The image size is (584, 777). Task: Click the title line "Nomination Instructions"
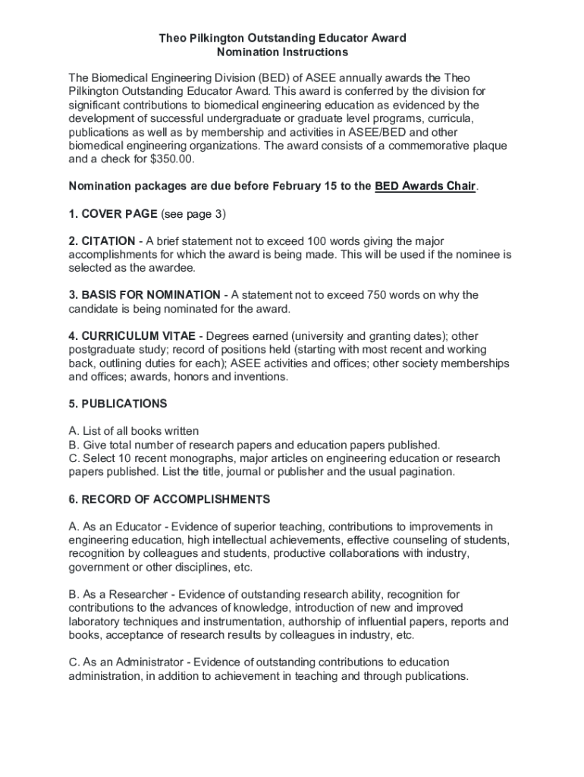[282, 52]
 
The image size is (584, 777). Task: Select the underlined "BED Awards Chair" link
[425, 187]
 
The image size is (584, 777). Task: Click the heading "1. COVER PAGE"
[113, 214]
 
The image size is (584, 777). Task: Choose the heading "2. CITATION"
[102, 241]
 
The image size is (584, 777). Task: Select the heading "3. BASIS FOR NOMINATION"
[144, 295]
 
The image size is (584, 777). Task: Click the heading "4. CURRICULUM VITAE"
[133, 336]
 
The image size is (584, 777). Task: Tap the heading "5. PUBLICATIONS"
[118, 404]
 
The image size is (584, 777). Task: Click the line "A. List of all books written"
[133, 431]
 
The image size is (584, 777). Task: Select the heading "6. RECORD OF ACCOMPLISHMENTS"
[169, 499]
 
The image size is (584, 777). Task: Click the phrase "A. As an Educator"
[115, 527]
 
